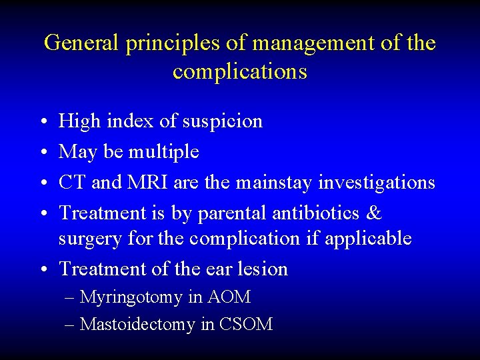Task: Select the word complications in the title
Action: click(x=240, y=71)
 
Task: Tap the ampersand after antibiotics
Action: click(x=375, y=213)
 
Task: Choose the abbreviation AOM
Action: click(x=229, y=297)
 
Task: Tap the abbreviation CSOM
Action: click(x=245, y=325)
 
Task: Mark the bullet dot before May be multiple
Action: click(x=43, y=153)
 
